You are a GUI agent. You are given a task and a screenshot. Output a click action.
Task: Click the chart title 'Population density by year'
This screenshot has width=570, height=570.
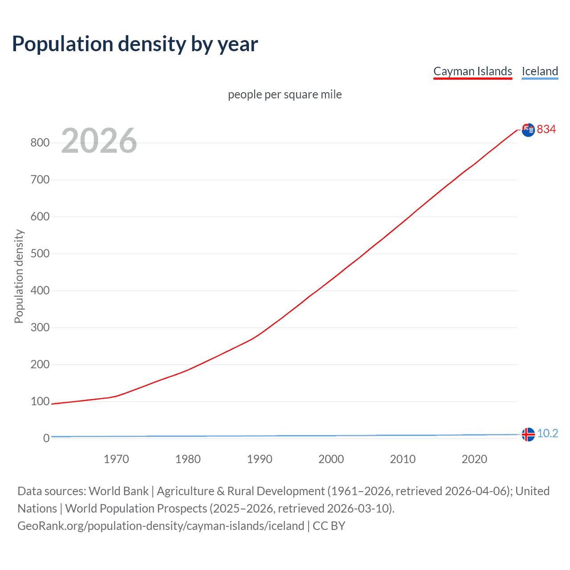pos(135,44)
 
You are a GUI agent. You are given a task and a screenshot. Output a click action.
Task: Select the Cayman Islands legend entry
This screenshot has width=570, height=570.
pos(472,71)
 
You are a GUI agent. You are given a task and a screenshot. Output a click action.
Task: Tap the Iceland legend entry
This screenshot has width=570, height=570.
pos(540,71)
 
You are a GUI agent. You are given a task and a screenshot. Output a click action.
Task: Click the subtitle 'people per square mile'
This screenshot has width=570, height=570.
pos(285,94)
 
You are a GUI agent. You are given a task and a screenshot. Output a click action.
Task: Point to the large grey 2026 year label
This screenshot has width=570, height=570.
pos(99,141)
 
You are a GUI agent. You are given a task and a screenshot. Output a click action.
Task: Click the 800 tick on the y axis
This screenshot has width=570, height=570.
pos(40,143)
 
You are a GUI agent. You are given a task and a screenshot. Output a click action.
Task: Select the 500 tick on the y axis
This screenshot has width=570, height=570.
pos(40,254)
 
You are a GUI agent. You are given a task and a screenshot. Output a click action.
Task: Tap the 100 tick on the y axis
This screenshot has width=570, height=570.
pos(40,402)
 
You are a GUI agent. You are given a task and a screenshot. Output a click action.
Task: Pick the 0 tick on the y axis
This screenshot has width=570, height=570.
pos(46,439)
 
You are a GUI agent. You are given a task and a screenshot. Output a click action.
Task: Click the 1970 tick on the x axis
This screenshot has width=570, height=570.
pos(116,459)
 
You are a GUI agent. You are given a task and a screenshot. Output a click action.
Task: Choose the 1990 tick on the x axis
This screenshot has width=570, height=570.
pos(260,459)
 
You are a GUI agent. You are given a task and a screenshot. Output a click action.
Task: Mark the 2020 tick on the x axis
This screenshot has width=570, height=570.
pos(474,459)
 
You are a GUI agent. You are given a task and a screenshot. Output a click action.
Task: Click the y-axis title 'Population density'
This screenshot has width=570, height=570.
pos(19,276)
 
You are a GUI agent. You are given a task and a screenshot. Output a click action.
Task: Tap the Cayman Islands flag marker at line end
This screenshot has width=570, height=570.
pos(528,130)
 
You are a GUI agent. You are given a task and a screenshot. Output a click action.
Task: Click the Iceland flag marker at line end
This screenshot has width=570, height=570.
pos(528,434)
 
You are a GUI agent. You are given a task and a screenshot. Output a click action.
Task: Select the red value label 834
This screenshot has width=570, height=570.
pos(546,130)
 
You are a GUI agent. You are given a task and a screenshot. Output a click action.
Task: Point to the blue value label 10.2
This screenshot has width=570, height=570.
pos(547,434)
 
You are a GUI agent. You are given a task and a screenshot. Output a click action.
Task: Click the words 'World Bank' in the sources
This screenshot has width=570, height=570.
pos(118,491)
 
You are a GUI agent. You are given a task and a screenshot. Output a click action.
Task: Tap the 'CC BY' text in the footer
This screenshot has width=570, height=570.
pos(329,526)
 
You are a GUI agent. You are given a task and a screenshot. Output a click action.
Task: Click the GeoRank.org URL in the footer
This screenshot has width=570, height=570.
pos(161,526)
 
